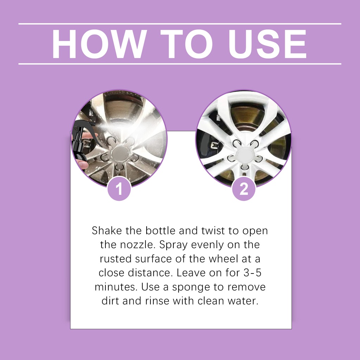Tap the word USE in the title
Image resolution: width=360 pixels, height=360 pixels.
267,44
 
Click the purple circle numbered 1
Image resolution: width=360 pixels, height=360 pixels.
119,189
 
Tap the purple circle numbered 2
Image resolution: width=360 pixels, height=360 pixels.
244,189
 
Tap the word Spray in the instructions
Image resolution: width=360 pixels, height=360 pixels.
173,245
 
